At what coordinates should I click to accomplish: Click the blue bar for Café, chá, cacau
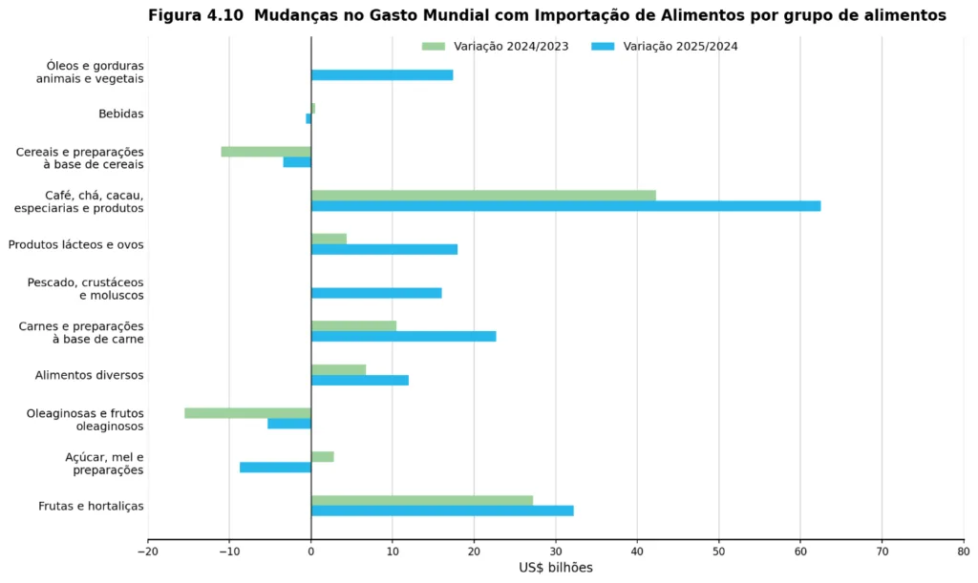[565, 206]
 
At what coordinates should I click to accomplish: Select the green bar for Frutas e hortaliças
[422, 500]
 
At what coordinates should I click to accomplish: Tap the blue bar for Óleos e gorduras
[382, 75]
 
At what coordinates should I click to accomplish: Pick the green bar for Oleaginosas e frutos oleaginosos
[247, 413]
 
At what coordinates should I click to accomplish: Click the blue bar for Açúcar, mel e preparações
[276, 468]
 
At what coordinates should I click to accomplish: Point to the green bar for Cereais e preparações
[266, 152]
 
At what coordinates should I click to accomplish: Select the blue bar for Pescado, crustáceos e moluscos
[376, 293]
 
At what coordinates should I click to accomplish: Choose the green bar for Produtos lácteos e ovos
[329, 239]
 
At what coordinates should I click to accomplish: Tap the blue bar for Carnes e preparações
[404, 336]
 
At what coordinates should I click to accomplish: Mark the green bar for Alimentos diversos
[339, 369]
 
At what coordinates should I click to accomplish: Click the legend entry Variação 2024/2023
[496, 46]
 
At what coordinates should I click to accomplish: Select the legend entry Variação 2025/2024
[665, 46]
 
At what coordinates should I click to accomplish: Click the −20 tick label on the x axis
[148, 552]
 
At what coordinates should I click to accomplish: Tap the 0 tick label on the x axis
[311, 552]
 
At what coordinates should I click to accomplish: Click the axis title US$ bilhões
[556, 568]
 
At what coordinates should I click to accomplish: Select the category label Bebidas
[121, 114]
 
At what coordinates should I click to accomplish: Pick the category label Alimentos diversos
[89, 375]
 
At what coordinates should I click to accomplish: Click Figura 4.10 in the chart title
[195, 15]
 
